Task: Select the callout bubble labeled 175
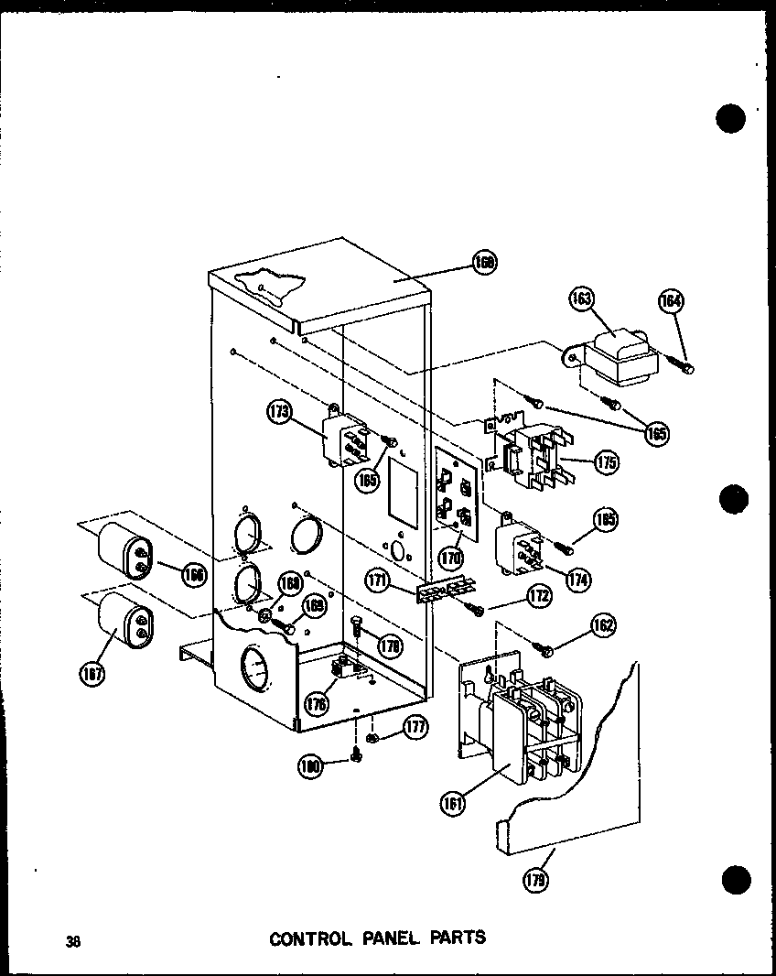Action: tap(606, 461)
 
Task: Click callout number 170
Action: tap(449, 555)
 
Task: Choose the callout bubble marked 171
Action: tap(401, 580)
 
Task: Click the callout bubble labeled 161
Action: tap(452, 803)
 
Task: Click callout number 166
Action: tap(192, 574)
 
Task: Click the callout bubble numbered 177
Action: tap(416, 728)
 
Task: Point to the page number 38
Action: tap(72, 939)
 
